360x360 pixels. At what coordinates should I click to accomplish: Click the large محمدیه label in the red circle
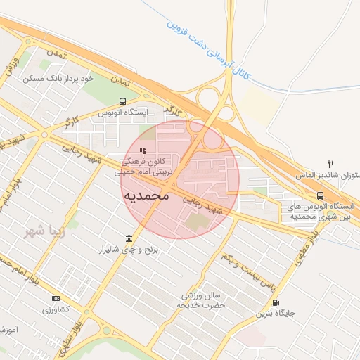[146, 195]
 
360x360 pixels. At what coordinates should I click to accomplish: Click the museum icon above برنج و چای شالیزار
[128, 238]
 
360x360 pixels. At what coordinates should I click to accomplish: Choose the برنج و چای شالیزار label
[128, 250]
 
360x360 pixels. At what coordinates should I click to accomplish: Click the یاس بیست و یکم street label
[245, 270]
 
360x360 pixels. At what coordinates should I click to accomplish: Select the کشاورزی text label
[56, 310]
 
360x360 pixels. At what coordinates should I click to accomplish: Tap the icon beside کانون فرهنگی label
[143, 150]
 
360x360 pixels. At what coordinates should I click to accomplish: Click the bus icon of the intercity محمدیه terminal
[320, 195]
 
